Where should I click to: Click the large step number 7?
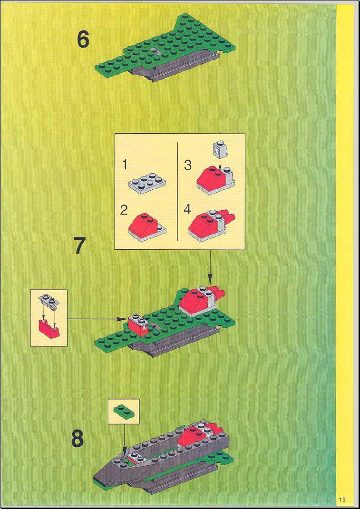coord(80,245)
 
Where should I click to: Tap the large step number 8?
coord(78,439)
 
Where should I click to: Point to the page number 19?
coord(342,499)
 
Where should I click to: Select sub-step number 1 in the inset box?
coord(124,165)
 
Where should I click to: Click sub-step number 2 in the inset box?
coord(124,210)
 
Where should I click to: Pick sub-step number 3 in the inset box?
coord(188,165)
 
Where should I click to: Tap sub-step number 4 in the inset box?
coord(187,210)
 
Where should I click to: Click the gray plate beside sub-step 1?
coord(147,183)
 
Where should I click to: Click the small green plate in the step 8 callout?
coord(124,411)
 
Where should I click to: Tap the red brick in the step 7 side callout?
coord(49,329)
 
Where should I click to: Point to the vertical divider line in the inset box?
coord(178,191)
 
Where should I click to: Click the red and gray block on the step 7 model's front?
coord(138,324)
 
